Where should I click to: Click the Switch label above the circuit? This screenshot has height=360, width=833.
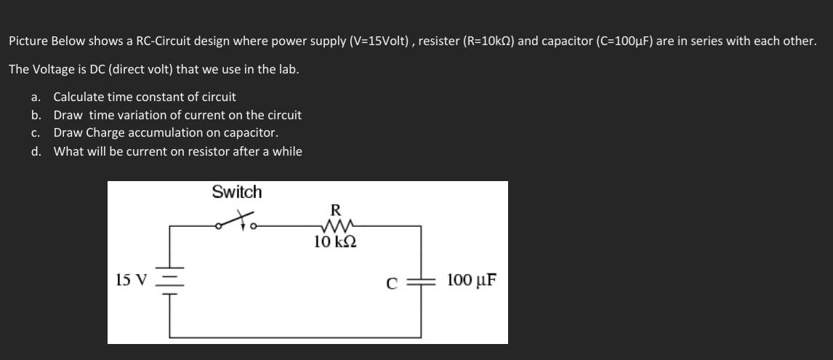[237, 193]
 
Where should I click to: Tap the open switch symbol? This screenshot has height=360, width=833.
[238, 221]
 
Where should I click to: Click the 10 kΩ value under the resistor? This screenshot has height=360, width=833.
[335, 241]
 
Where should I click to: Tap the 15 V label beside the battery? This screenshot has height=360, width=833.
[132, 280]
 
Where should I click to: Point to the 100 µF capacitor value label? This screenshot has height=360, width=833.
[472, 280]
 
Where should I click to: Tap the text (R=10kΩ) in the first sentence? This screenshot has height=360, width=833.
[476, 41]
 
